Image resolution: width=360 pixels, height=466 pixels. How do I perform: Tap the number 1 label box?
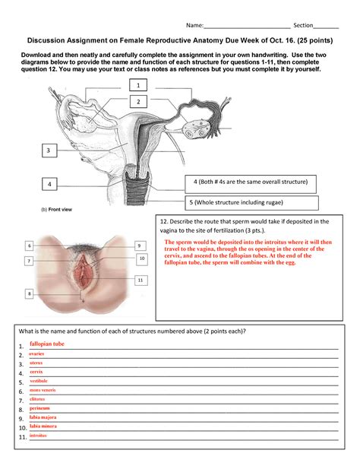coord(137,86)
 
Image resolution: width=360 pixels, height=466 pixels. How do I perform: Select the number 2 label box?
coord(138,101)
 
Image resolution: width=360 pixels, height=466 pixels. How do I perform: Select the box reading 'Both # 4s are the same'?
coord(249,182)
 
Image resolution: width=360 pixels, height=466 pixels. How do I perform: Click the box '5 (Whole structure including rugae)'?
coord(249,202)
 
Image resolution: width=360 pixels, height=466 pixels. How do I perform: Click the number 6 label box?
coord(30,246)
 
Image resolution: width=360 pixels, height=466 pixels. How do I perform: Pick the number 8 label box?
coord(30,293)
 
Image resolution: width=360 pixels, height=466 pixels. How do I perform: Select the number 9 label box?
coord(140,246)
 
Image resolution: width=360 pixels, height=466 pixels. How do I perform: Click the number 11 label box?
coord(140,280)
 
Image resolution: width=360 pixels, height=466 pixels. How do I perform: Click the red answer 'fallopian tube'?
coord(47,344)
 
